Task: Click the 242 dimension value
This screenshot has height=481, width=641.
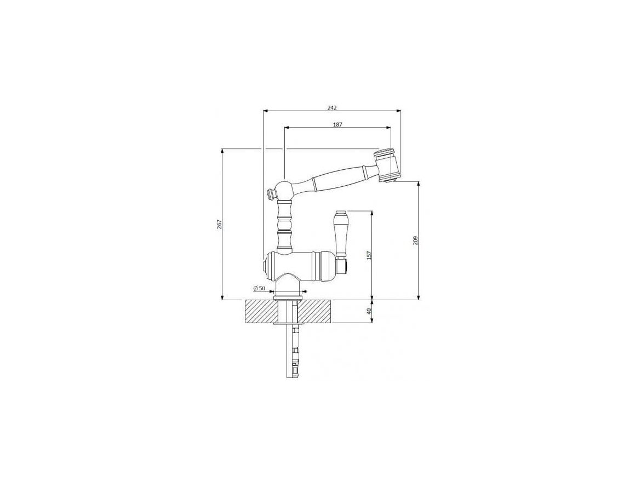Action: (x=332, y=107)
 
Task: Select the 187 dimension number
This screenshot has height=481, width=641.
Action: (x=337, y=124)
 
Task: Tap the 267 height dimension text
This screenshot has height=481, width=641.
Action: (x=219, y=225)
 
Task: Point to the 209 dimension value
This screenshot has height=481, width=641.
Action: (x=415, y=240)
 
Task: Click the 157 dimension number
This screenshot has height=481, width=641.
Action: (x=369, y=255)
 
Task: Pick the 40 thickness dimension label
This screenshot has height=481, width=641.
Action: (x=369, y=311)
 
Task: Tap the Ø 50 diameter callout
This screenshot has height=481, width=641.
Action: (x=260, y=288)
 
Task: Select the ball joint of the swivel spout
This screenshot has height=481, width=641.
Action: (x=284, y=189)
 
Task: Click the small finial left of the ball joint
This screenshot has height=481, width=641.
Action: (x=270, y=193)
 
